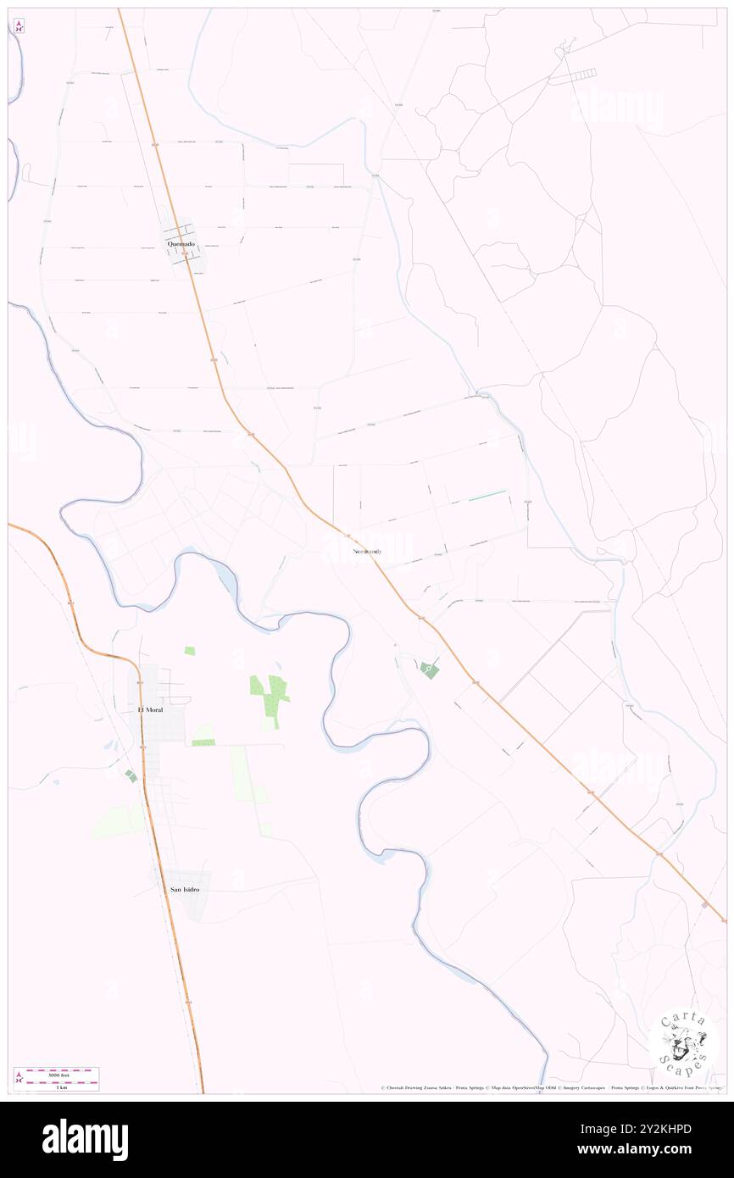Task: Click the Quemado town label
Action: [181, 244]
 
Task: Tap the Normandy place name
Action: [366, 552]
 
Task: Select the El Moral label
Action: [150, 708]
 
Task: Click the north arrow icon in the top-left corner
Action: [19, 26]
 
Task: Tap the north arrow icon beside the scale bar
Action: [19, 1079]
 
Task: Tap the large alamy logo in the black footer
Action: [85, 1139]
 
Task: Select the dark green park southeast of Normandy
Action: [429, 670]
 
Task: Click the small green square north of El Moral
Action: [190, 651]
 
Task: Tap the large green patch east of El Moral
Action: [271, 697]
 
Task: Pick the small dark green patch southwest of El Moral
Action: [130, 775]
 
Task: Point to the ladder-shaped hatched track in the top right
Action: [573, 76]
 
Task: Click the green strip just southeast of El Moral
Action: [203, 742]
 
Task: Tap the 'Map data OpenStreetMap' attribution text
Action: [522, 1087]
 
